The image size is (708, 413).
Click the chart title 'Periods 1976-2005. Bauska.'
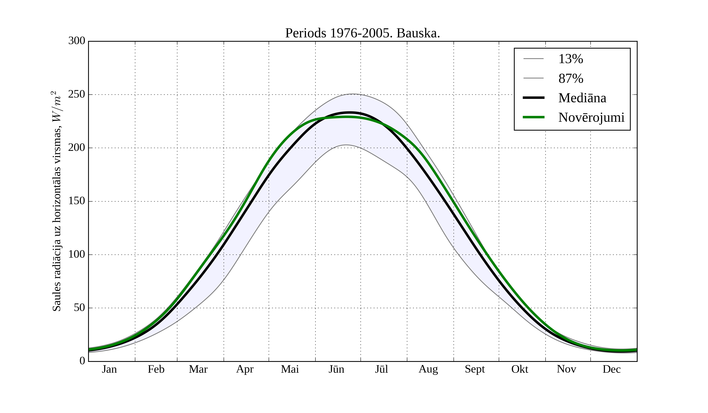tap(362, 33)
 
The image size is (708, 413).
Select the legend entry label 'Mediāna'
tap(582, 98)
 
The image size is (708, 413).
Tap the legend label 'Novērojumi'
tap(591, 117)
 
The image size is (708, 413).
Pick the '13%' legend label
tap(571, 59)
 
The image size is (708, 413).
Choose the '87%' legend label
tap(571, 79)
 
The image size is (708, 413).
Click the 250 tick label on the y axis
tap(77, 94)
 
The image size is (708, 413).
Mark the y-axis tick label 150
tap(77, 201)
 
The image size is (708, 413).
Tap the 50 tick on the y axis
tap(79, 308)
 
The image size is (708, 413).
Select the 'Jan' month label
tap(109, 369)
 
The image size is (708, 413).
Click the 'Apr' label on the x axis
tap(245, 369)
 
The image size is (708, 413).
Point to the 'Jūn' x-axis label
tap(336, 369)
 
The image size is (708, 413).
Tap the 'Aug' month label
tap(428, 369)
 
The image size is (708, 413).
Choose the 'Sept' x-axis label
tap(475, 369)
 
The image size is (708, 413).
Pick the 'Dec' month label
tap(612, 369)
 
